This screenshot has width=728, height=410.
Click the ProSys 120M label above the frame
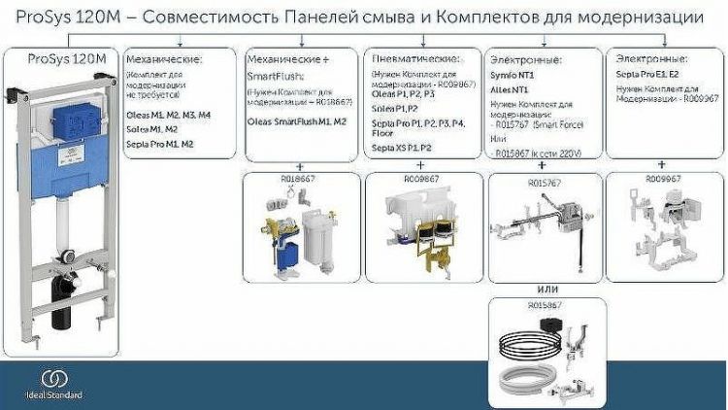(x=66, y=59)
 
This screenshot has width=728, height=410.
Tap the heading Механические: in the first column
(x=162, y=60)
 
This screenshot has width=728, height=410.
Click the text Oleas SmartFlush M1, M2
(x=297, y=121)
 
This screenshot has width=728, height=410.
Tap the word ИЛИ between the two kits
(x=548, y=289)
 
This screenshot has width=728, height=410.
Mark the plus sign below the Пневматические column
(x=422, y=166)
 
